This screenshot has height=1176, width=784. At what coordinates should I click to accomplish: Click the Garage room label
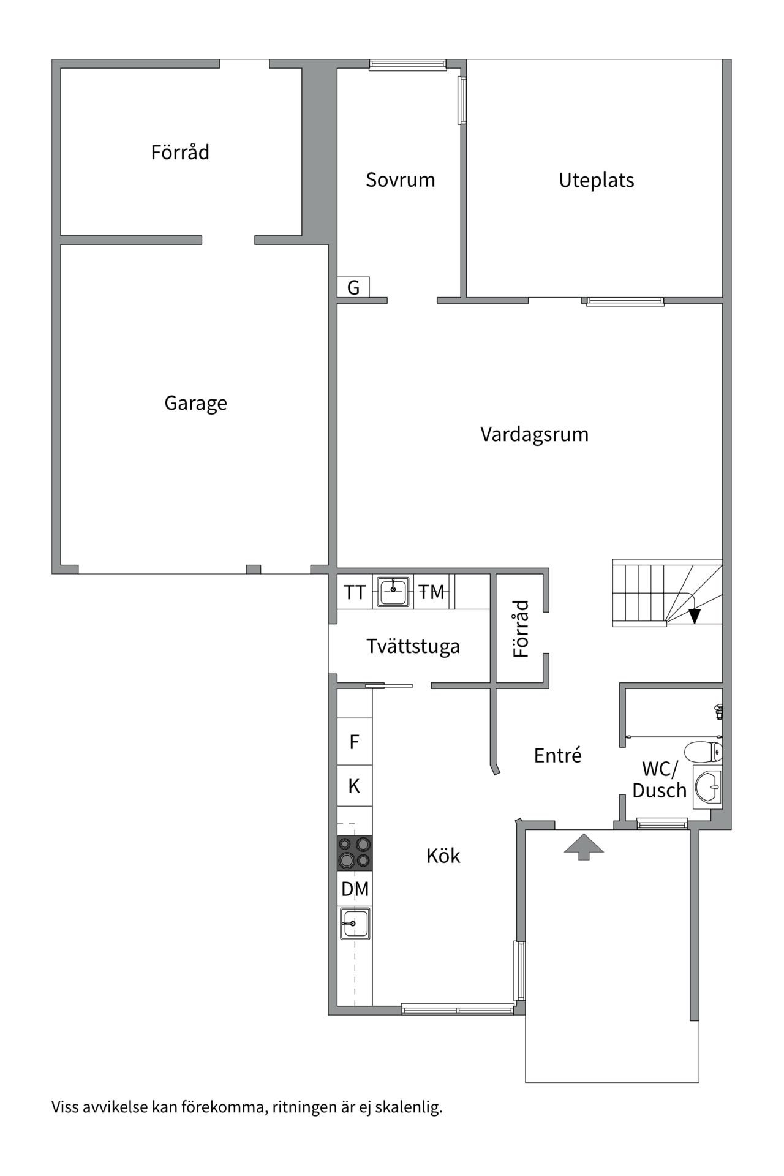point(195,403)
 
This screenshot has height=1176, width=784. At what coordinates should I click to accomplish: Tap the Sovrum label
point(401,180)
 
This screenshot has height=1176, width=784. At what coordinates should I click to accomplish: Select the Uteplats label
point(596,181)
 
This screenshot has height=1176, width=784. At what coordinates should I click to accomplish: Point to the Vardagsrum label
point(534,434)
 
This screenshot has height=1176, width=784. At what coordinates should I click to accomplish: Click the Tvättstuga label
point(413,646)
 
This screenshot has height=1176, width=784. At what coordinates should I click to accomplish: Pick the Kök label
point(443,856)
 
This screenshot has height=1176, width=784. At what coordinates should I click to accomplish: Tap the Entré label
point(557,755)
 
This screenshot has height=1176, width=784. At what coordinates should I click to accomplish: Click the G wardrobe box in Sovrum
point(353,287)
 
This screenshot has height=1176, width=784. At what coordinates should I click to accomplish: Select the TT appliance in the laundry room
point(355,592)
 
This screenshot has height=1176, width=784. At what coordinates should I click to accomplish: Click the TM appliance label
point(432,592)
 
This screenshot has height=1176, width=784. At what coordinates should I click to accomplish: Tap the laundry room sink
point(393,592)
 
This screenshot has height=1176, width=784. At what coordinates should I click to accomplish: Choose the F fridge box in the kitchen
point(355,742)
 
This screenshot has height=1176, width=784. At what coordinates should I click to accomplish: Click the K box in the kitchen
point(355,786)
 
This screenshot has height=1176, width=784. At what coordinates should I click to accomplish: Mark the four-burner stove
point(355,853)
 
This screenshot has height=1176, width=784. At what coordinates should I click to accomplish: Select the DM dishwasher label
point(355,889)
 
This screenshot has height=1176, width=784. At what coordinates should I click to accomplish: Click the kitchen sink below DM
point(355,924)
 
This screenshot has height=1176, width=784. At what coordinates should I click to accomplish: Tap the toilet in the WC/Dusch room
point(703,751)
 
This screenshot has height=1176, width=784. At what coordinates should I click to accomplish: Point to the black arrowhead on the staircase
point(694,616)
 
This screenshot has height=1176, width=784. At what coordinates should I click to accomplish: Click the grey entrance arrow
point(584,846)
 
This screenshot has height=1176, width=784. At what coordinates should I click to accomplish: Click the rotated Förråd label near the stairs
point(521,629)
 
